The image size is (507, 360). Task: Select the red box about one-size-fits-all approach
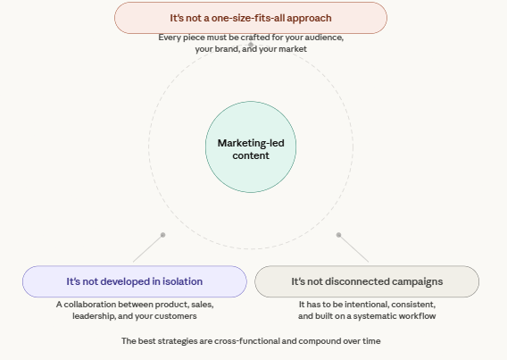[x=250, y=18]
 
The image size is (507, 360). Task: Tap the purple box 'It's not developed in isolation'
[x=134, y=281]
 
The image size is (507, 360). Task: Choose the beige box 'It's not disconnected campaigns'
[x=367, y=281]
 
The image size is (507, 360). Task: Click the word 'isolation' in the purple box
[x=181, y=281]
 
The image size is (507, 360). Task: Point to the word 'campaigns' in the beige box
[x=415, y=281]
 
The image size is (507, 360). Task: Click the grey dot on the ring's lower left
[x=162, y=235]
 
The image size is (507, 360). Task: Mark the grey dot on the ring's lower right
[x=339, y=235]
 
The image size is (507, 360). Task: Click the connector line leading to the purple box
[x=146, y=249]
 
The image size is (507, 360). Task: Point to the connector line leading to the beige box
[x=354, y=248]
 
